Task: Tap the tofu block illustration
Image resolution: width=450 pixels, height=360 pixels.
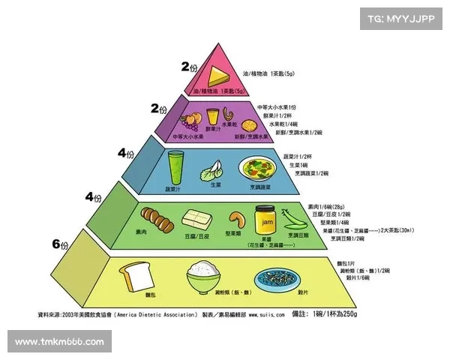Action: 196,220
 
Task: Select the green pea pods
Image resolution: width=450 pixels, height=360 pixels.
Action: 290,220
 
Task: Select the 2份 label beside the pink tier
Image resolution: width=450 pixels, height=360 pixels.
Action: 190,66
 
